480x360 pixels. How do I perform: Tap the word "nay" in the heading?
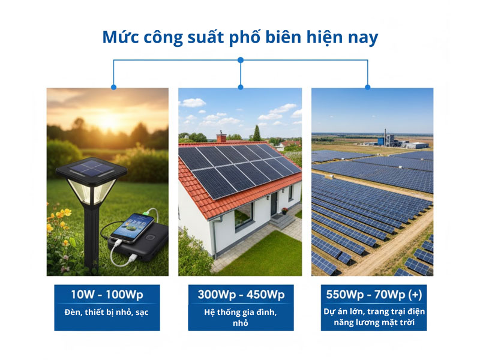(362, 37)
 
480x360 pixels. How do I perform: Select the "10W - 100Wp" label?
(107, 295)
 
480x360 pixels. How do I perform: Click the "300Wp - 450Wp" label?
(241, 295)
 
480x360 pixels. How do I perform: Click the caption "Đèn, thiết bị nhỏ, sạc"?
(107, 313)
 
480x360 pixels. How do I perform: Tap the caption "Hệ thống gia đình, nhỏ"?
(241, 317)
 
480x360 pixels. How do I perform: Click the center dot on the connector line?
(241, 60)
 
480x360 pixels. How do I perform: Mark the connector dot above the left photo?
(113, 86)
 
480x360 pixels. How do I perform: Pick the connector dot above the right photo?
(368, 86)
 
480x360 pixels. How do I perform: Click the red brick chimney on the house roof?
(221, 138)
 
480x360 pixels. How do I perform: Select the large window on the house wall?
(243, 214)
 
